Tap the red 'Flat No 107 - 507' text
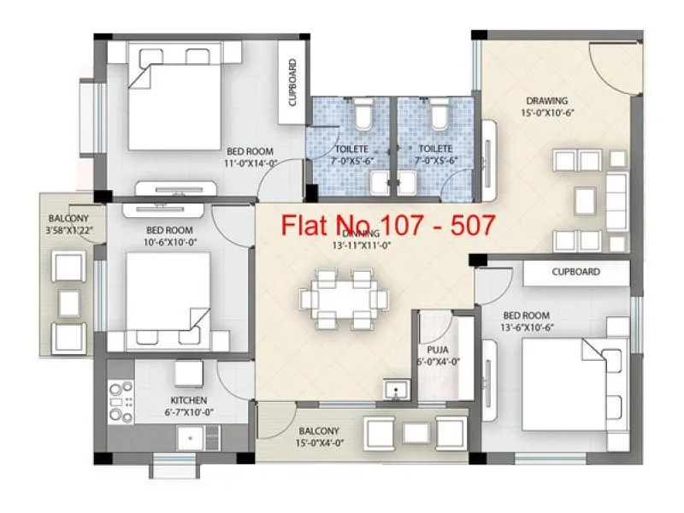point(389,226)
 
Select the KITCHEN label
point(188,400)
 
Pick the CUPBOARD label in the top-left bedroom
point(292,82)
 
